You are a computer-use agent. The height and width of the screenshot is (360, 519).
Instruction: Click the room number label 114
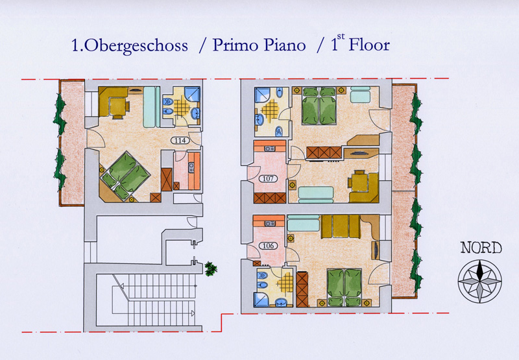pos(180,140)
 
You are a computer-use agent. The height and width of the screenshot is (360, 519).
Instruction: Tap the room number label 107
pos(268,178)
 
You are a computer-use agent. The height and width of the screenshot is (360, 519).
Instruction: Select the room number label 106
pos(268,246)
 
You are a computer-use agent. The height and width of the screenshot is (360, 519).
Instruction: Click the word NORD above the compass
pos(481,248)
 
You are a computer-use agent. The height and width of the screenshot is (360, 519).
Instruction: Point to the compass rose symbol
pos(479,282)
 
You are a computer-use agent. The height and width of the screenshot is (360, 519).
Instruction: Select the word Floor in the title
pos(369,45)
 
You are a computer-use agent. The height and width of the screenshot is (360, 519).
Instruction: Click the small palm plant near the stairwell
pos(210,269)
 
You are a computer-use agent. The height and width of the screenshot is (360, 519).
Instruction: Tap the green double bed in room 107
pos(319,106)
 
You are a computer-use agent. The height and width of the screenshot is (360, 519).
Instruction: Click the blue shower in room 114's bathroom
pos(192,94)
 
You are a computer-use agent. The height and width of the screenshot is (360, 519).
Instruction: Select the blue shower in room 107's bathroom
pos(263,95)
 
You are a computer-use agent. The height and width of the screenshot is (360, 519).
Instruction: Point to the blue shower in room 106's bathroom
pos(261,300)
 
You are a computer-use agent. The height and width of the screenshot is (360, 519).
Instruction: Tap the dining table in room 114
pos(117,106)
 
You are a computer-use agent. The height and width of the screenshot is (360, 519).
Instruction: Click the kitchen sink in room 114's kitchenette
pos(191,168)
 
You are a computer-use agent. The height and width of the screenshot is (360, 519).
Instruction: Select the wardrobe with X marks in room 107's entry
pos(270,198)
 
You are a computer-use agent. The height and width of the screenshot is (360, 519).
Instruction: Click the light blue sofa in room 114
pos(151,107)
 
